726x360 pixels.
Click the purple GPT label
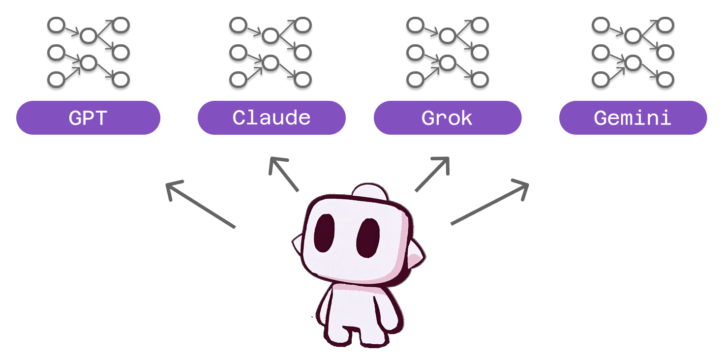pyautogui.click(x=89, y=118)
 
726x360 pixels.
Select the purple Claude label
pyautogui.click(x=272, y=118)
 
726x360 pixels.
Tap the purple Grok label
pyautogui.click(x=447, y=118)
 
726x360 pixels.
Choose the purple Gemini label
pyautogui.click(x=633, y=118)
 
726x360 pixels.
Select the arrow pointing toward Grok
pyautogui.click(x=432, y=174)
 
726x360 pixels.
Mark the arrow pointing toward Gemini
pyautogui.click(x=489, y=204)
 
